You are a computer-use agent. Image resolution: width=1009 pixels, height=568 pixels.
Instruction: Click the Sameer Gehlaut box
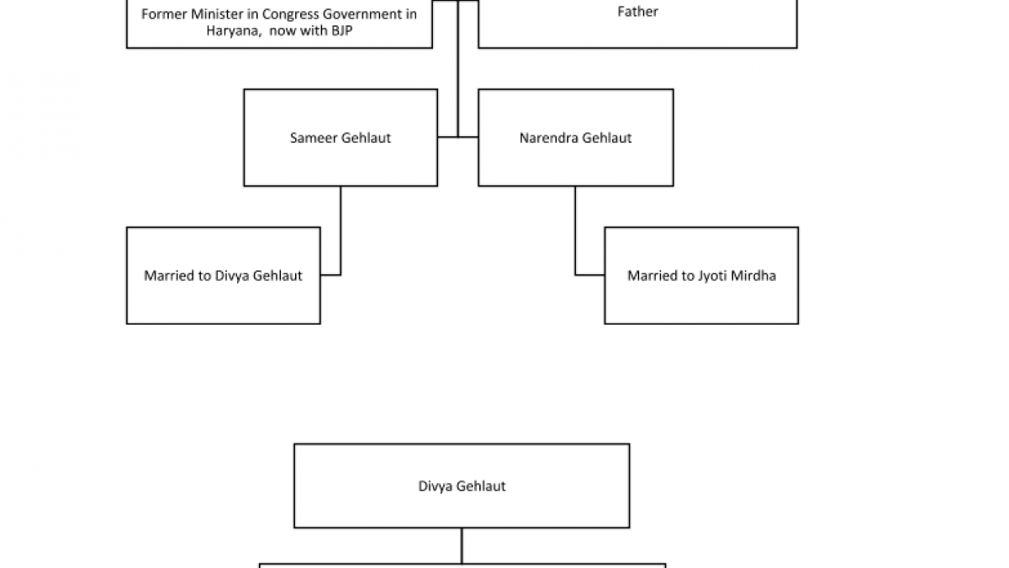tap(341, 137)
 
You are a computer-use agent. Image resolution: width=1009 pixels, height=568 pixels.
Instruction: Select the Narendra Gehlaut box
tap(575, 137)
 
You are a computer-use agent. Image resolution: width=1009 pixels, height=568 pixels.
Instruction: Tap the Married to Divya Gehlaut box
tap(223, 275)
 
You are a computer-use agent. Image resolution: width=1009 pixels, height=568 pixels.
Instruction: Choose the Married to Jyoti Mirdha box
tap(701, 275)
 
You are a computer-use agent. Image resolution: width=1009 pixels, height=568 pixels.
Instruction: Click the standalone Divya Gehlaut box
tap(462, 486)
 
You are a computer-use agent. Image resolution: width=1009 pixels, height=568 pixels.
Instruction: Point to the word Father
tap(637, 12)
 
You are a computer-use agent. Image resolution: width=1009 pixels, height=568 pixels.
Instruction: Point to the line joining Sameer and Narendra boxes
tap(458, 136)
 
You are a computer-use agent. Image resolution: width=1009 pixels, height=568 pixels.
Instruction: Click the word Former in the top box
tap(165, 13)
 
